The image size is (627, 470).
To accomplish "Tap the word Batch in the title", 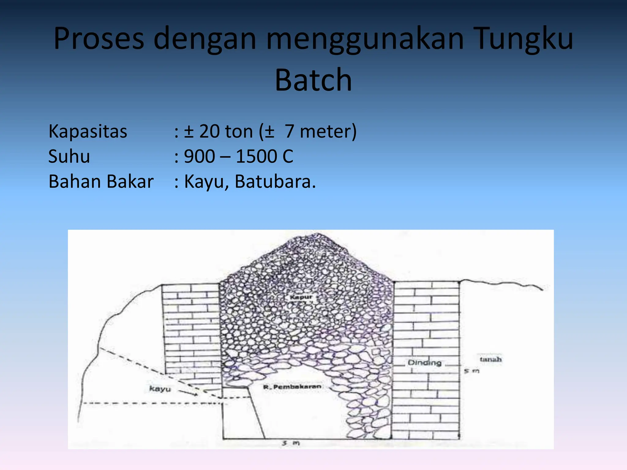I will pyautogui.click(x=313, y=80).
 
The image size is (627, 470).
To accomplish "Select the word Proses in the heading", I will pyautogui.click(x=99, y=39).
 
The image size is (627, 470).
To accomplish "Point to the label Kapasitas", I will pyautogui.click(x=88, y=132).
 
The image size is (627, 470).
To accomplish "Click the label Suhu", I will pyautogui.click(x=69, y=157).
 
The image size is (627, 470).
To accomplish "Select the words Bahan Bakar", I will pyautogui.click(x=101, y=181).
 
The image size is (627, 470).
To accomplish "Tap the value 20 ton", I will pyautogui.click(x=226, y=132).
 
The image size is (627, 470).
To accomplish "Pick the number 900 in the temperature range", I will pyautogui.click(x=199, y=157).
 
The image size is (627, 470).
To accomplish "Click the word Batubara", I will pyautogui.click(x=275, y=181).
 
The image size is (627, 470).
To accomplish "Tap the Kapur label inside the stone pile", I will pyautogui.click(x=301, y=297).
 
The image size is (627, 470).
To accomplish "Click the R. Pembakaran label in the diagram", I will pyautogui.click(x=292, y=387).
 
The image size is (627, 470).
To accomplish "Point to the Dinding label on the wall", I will pyautogui.click(x=424, y=363).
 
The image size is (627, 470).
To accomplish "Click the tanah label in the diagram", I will pyautogui.click(x=490, y=359).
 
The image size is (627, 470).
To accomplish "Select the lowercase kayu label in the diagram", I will pyautogui.click(x=160, y=389).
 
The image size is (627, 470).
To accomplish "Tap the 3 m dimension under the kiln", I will pyautogui.click(x=291, y=443).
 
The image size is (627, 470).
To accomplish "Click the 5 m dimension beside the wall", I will pyautogui.click(x=471, y=371).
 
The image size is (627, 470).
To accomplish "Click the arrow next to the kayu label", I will pyautogui.click(x=188, y=393).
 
